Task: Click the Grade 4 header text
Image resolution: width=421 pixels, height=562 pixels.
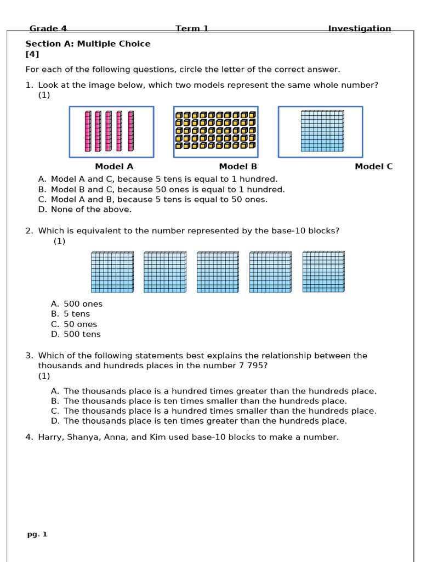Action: [x=48, y=29]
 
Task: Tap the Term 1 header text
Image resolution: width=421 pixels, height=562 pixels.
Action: [x=192, y=29]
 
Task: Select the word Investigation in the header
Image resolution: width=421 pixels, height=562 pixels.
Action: [x=359, y=29]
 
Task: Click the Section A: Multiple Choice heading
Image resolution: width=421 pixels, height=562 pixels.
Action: [x=88, y=44]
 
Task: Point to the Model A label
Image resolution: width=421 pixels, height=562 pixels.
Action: [x=114, y=166]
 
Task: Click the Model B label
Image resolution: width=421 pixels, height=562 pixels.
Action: [x=238, y=166]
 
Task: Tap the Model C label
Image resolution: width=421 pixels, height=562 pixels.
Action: [x=373, y=166]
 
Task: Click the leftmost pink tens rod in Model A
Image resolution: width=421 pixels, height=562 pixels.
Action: [x=88, y=131]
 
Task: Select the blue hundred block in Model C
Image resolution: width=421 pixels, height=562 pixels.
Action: [x=322, y=131]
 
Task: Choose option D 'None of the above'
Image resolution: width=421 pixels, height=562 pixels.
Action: [x=91, y=209]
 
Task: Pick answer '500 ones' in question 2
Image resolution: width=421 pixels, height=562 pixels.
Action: [x=83, y=304]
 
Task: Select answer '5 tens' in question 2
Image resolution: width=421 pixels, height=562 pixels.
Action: [x=76, y=314]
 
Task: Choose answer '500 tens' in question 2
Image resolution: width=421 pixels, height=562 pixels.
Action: [x=82, y=334]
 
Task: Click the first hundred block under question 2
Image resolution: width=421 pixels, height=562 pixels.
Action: [x=112, y=272]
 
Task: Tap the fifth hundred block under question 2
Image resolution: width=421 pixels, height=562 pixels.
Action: [x=323, y=272]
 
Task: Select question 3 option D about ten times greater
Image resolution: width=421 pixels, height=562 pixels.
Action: [x=205, y=421]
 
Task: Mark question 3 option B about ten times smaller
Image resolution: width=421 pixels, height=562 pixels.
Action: [x=205, y=401]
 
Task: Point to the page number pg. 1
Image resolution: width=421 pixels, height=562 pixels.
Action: [x=37, y=534]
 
